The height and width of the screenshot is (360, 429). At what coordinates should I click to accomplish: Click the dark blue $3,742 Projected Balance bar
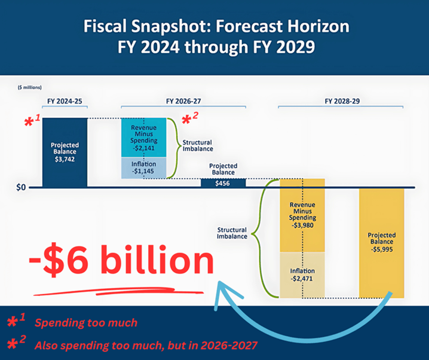(65, 152)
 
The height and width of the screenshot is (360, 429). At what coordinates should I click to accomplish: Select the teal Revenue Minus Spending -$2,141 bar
(143, 138)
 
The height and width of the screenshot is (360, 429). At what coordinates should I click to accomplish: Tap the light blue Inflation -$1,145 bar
(143, 168)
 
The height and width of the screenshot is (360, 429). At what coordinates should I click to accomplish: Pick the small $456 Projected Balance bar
(223, 183)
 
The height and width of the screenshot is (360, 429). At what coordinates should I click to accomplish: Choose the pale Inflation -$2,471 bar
(302, 275)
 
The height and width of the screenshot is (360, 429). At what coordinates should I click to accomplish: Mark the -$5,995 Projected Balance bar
(382, 243)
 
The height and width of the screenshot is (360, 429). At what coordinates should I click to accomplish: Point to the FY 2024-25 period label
(65, 101)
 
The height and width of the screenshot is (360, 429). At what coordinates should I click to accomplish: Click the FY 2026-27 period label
(183, 101)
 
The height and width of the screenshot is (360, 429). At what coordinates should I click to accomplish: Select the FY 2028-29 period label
(342, 101)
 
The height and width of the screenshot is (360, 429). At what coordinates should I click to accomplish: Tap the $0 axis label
(21, 188)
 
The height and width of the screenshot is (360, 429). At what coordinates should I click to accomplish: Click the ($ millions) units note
(29, 87)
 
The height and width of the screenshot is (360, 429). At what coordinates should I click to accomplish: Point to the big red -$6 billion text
(121, 260)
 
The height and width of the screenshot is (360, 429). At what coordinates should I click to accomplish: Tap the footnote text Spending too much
(86, 323)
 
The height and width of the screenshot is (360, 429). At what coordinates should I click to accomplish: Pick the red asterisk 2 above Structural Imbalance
(190, 118)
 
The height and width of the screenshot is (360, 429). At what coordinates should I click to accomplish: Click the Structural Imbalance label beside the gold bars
(232, 233)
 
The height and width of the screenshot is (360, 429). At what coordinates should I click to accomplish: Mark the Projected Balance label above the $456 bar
(223, 169)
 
